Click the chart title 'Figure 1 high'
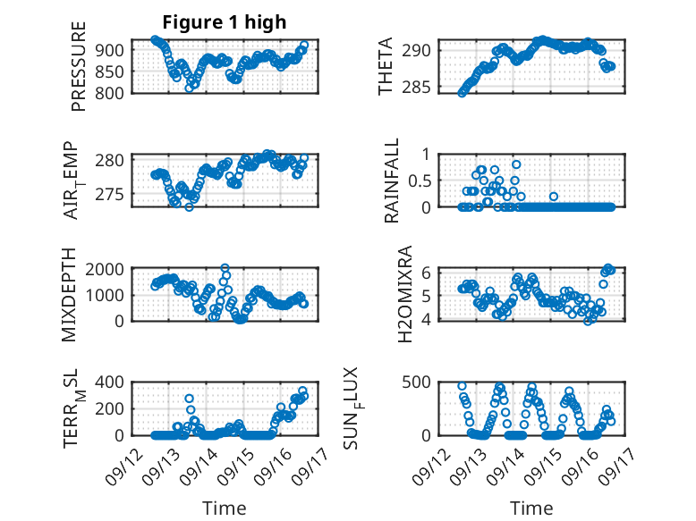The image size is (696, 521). [225, 22]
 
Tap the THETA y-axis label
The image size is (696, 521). [386, 67]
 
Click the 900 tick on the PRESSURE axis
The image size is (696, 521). [112, 50]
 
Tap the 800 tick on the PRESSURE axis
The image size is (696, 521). [112, 92]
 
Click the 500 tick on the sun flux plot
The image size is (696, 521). [426, 382]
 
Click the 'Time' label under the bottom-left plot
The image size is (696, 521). [225, 508]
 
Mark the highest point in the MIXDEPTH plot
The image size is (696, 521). [225, 268]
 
